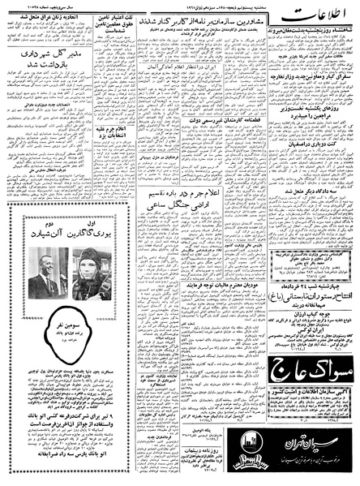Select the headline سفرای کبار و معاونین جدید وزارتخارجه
tap(312, 83)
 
